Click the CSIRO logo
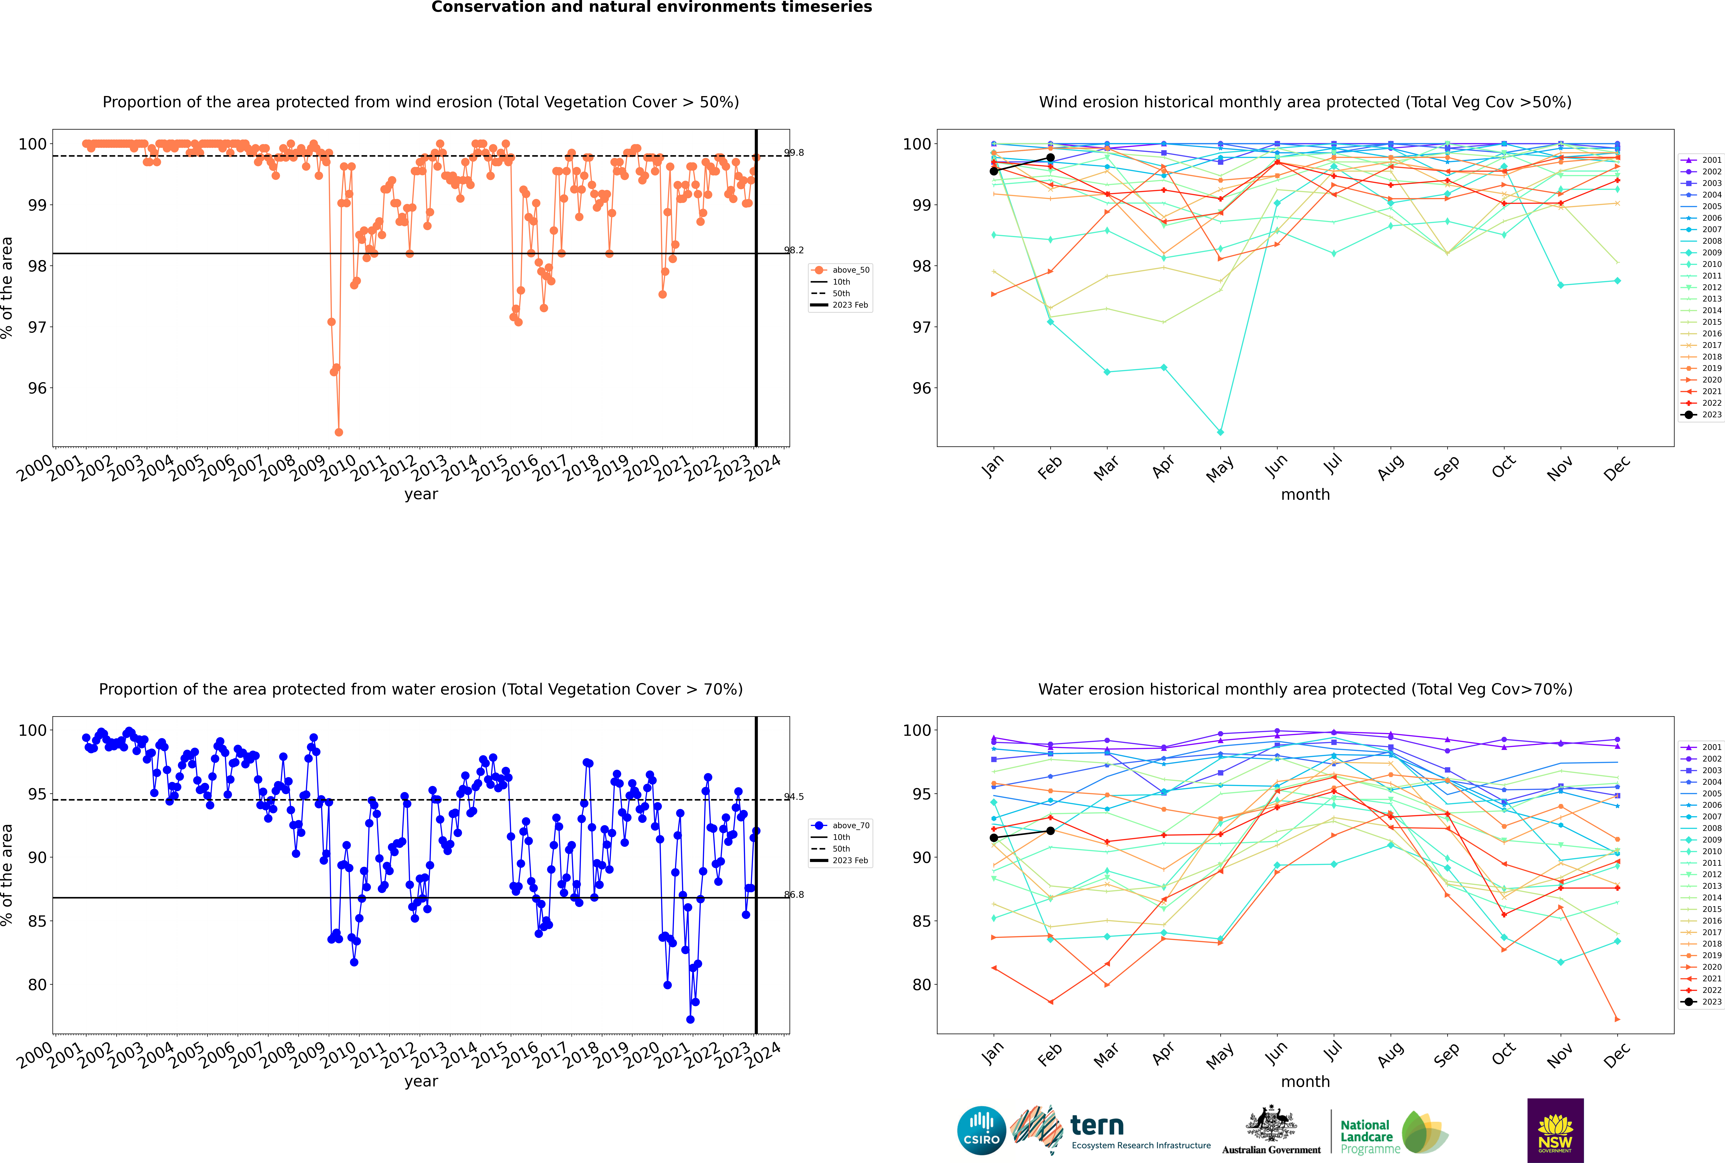point(981,1131)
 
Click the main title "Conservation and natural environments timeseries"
point(652,7)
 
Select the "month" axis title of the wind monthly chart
point(1305,495)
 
